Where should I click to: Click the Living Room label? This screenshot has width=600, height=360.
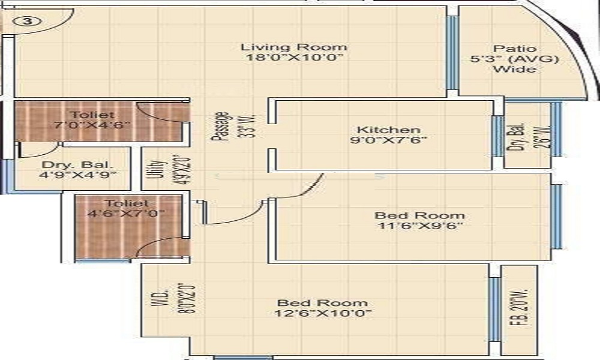(294, 47)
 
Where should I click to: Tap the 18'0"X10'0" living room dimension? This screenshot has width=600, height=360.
(294, 58)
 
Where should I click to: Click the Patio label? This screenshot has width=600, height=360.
(515, 49)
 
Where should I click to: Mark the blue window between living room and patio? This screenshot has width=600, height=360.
(453, 51)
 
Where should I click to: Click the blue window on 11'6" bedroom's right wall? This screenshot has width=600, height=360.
(556, 216)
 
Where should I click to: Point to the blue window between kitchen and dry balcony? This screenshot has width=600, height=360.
(497, 136)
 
